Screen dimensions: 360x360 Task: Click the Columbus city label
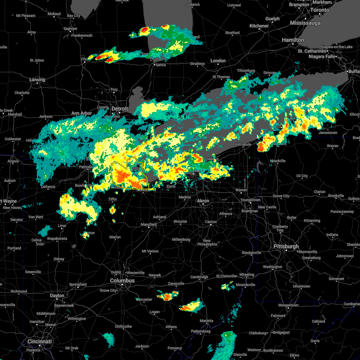click(122, 280)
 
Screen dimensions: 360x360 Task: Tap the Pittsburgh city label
click(286, 246)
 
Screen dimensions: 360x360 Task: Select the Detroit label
click(120, 109)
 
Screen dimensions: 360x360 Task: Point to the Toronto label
click(319, 10)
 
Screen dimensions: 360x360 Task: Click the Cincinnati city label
click(40, 341)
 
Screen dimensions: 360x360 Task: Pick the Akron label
click(203, 201)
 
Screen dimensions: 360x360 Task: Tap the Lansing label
click(37, 79)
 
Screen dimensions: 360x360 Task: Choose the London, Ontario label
click(218, 61)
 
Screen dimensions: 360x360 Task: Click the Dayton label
click(57, 295)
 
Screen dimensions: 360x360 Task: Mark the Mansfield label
click(149, 224)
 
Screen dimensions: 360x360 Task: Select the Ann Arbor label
click(82, 113)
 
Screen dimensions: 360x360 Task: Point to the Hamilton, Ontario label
click(293, 40)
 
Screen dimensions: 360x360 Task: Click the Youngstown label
click(250, 200)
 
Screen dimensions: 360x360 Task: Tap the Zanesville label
click(176, 283)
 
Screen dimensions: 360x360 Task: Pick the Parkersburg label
click(201, 331)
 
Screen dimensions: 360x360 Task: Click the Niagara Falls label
click(321, 56)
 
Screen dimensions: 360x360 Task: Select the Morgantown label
click(288, 305)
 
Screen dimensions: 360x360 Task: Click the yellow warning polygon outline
click(112, 174)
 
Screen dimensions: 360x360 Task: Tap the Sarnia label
click(161, 65)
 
